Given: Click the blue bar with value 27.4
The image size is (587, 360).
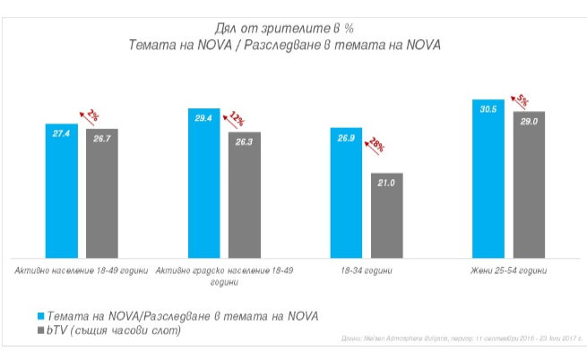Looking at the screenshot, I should point(62,191).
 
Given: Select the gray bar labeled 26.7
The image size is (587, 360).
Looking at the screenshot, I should point(102,193).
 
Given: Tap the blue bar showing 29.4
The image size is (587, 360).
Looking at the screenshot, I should point(203,184).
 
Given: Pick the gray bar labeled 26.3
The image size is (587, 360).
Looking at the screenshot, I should point(244,195).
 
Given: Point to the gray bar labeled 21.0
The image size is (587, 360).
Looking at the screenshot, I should point(386,215).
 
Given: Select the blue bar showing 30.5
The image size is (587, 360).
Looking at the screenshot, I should point(488,179).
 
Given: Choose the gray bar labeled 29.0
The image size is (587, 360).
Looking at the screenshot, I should point(529,184).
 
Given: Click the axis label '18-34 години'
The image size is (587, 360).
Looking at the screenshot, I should point(366,270).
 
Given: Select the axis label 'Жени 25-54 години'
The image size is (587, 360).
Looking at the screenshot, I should point(508,270).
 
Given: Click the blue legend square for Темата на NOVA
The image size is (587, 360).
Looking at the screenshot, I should point(40,316).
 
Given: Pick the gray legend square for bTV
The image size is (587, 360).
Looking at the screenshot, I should point(40,332).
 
